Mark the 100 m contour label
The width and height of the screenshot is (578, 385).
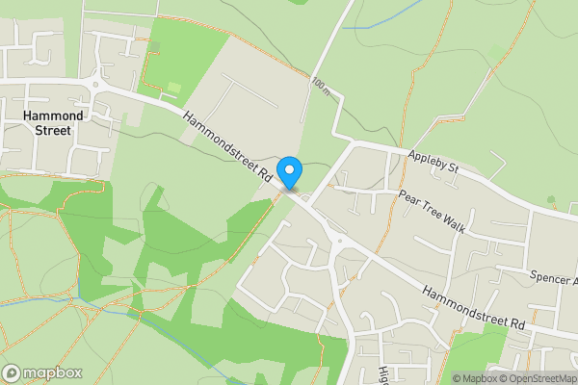[x=320, y=86]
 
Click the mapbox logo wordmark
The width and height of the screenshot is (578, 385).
[x=52, y=372]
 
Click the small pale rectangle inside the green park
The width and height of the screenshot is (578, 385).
[x=173, y=89]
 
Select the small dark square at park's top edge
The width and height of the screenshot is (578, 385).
[x=154, y=44]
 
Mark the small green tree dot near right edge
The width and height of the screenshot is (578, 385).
[x=551, y=199]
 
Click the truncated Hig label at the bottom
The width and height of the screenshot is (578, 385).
[x=383, y=373]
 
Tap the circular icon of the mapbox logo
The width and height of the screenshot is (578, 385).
[x=12, y=372]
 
